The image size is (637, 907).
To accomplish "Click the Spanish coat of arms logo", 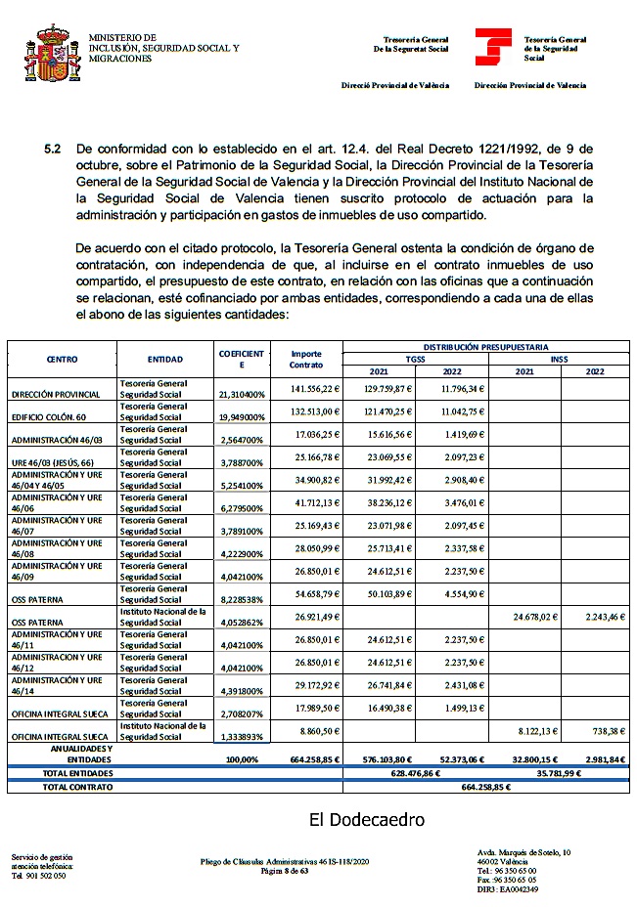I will [52, 54].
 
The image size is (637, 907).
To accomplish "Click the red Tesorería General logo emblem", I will [492, 47].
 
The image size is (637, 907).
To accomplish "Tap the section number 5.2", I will [53, 149].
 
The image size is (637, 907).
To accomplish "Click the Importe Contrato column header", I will [306, 360].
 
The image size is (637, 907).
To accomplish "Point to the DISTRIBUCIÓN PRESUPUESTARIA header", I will [485, 347].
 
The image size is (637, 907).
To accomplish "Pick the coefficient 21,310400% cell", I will [241, 394].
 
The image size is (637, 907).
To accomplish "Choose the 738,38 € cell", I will [603, 731].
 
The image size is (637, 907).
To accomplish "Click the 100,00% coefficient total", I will [242, 758].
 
